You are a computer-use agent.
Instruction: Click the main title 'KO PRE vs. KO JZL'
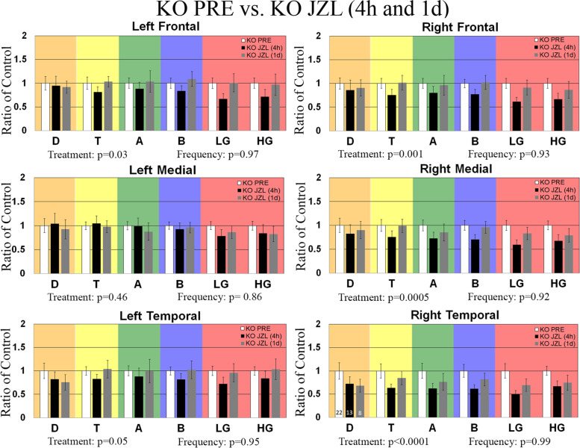click(x=290, y=11)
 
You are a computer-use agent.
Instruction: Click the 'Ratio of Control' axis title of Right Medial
click(x=309, y=224)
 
